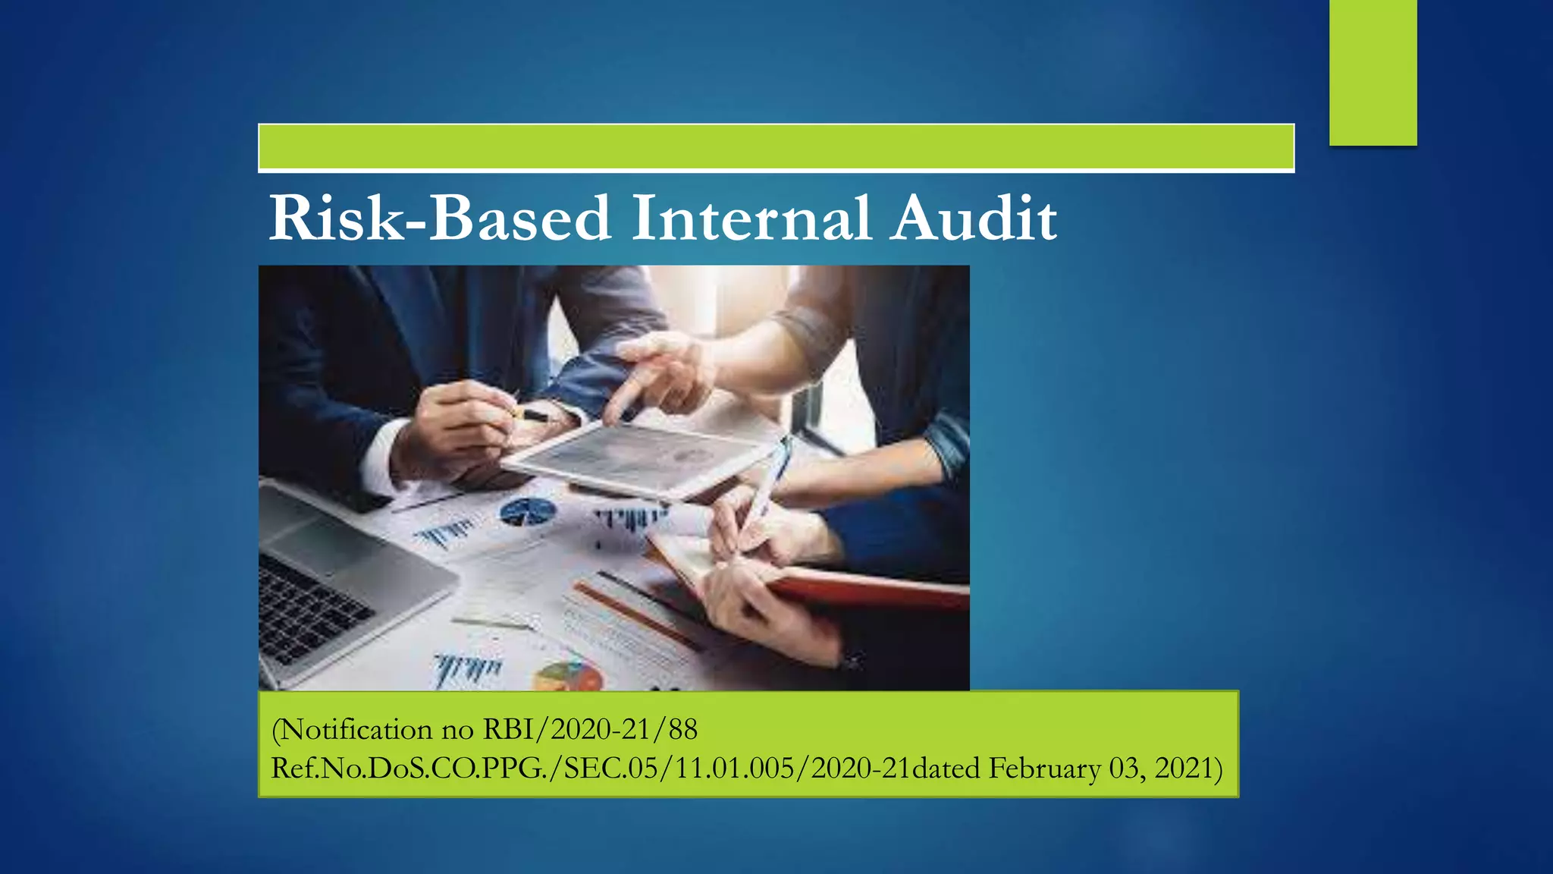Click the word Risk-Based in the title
tap(440, 218)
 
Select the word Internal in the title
tap(751, 218)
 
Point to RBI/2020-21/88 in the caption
tap(590, 730)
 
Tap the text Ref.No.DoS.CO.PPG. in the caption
tap(409, 769)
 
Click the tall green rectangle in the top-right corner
tap(1373, 72)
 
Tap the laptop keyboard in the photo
tap(303, 607)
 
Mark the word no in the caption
tap(457, 730)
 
